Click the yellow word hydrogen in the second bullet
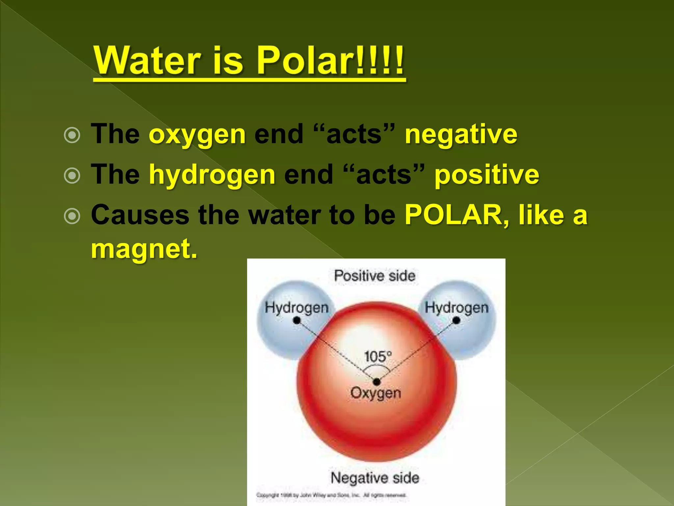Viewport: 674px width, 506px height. (212, 175)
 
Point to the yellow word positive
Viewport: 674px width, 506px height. (487, 175)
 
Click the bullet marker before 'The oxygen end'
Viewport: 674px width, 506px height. (72, 135)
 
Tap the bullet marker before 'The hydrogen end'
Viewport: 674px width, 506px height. (72, 176)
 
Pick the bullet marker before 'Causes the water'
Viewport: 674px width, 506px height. (72, 216)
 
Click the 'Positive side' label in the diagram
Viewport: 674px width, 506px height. (375, 276)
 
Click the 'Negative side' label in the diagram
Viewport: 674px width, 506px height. (375, 478)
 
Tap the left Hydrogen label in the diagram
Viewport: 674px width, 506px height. (297, 308)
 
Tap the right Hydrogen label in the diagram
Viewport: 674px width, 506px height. (456, 308)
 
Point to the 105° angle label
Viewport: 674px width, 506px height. (378, 357)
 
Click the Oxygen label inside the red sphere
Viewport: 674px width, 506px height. (376, 393)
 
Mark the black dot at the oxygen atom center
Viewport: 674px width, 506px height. (377, 381)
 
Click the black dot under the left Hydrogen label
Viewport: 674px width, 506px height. (297, 320)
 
